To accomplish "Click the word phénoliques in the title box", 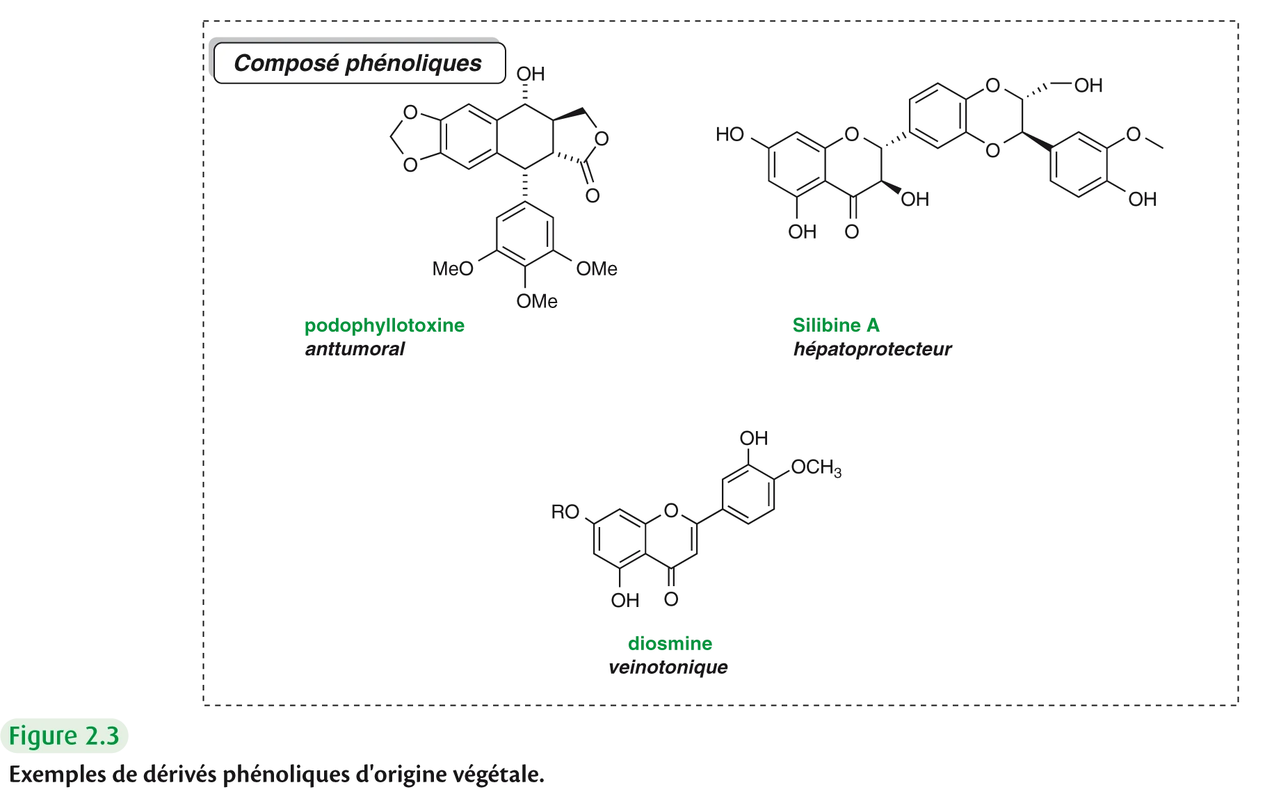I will tap(413, 63).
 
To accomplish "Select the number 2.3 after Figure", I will tap(101, 736).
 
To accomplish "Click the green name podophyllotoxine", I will tap(385, 325).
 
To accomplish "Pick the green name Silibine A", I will tap(837, 325).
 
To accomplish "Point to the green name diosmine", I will tap(670, 644).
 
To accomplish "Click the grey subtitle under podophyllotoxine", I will tap(353, 349).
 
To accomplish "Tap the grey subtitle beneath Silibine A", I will tap(872, 349).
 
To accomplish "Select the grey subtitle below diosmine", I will tap(668, 670).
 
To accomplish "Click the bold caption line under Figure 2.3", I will tap(275, 775).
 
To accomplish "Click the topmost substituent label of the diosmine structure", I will tap(753, 437).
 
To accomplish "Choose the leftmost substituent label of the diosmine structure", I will tap(565, 513).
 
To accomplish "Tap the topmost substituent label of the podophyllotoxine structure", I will tap(528, 72).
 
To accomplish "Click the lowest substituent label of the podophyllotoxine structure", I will tap(536, 301).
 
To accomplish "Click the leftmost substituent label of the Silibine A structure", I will tap(727, 134).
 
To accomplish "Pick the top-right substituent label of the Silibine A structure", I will tap(1090, 86).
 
